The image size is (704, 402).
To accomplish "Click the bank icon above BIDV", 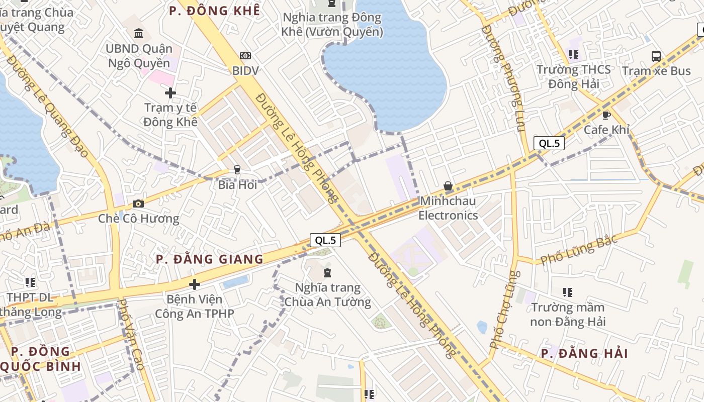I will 245,56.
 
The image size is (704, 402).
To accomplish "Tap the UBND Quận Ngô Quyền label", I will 139,56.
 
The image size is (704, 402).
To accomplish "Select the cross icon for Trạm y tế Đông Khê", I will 170,93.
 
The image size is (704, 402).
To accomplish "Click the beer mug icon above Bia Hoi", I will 237,170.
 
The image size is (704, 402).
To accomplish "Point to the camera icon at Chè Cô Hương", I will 138,204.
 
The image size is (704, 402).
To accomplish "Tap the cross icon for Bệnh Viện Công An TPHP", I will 195,285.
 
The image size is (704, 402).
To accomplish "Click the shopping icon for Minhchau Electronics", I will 448,186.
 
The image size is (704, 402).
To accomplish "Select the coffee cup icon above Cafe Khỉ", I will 606,115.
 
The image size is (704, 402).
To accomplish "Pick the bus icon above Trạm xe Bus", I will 656,56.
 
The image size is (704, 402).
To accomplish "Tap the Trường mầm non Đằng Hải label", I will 568,314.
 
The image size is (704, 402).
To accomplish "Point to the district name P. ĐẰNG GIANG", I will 209,259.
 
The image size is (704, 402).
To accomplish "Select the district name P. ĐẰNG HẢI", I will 584,353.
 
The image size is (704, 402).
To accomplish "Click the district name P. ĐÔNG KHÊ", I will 215,11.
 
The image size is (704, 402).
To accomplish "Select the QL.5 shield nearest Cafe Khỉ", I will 549,143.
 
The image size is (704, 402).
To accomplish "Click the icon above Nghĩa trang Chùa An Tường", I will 327,273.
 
